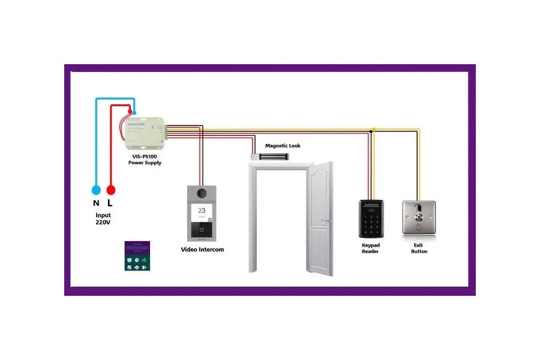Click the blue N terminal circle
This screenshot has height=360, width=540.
pyautogui.click(x=96, y=190)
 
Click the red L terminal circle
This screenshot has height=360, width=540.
pyautogui.click(x=110, y=190)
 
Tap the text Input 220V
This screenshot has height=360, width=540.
pyautogui.click(x=103, y=218)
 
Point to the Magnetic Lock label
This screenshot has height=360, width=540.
pyautogui.click(x=283, y=146)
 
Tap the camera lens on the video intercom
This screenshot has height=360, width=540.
pyautogui.click(x=202, y=193)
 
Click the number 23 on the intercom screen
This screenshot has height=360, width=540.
pyautogui.click(x=202, y=211)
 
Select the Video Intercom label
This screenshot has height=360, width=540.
pyautogui.click(x=202, y=249)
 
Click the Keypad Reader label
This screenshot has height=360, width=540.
pyautogui.click(x=370, y=248)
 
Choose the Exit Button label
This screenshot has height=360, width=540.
pyautogui.click(x=419, y=248)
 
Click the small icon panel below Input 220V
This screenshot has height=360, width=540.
pyautogui.click(x=137, y=256)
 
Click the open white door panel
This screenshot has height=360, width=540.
pyautogui.click(x=320, y=219)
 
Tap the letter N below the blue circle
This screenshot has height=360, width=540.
pyautogui.click(x=96, y=203)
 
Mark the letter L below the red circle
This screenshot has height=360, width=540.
pyautogui.click(x=111, y=203)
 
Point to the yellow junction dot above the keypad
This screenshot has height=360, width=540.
pyautogui.click(x=373, y=129)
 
